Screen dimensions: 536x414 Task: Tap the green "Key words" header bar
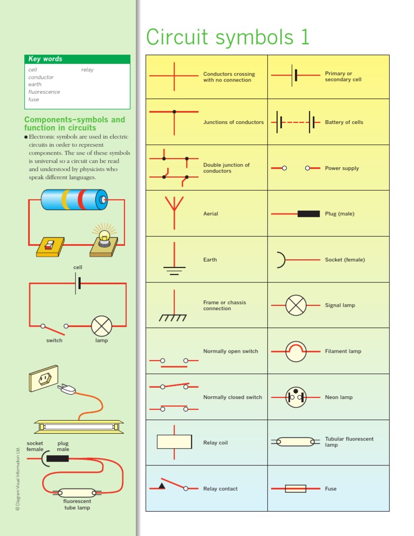[77, 59]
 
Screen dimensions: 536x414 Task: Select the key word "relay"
[87, 70]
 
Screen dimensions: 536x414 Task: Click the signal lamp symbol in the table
[295, 305]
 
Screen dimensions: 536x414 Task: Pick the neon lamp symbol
[295, 397]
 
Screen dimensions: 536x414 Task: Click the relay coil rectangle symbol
[174, 442]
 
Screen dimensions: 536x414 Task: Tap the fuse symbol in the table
[295, 489]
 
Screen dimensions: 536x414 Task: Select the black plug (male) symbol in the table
[308, 214]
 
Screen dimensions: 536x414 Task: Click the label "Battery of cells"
[344, 122]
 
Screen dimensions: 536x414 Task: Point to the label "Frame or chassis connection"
[224, 306]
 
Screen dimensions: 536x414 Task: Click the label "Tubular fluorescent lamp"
[349, 442]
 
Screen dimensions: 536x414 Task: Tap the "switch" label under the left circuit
[54, 340]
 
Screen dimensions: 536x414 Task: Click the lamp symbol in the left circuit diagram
[101, 326]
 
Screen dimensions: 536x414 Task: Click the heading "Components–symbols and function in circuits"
[74, 123]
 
